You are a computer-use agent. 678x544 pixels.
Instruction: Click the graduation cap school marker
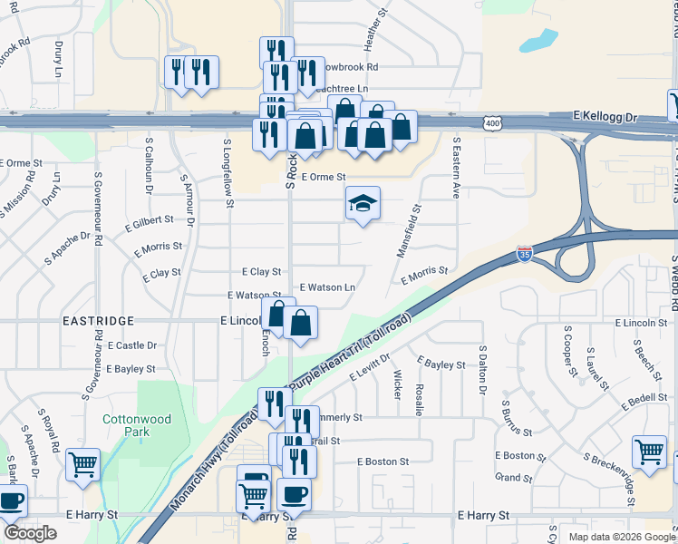362,205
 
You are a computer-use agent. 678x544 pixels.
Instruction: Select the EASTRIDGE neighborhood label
98,321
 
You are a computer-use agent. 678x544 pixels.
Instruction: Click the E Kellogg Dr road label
606,118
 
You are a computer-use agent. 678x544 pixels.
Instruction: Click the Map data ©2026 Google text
621,537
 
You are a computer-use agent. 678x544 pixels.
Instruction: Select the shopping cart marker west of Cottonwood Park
83,465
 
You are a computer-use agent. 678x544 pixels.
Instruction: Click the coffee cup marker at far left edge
11,500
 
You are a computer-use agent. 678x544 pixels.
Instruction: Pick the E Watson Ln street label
326,287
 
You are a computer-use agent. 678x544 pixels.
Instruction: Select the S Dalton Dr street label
483,373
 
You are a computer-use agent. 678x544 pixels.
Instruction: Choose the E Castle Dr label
131,345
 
